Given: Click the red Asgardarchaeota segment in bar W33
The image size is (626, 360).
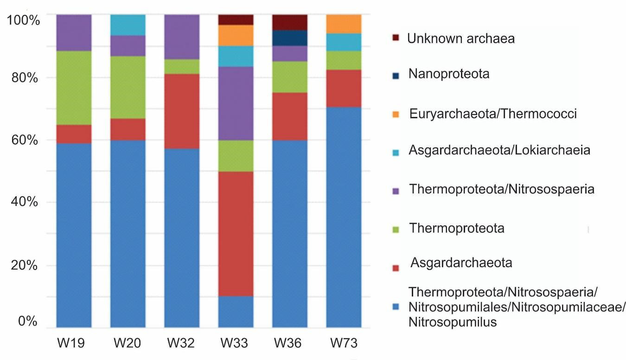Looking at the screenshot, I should [x=236, y=233].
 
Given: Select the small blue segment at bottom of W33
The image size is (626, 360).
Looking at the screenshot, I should [x=236, y=311].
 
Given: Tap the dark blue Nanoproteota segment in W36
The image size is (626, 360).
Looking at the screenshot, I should [x=290, y=38].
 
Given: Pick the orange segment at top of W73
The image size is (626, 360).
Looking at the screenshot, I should [x=344, y=24].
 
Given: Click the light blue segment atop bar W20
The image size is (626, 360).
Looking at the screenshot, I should [x=128, y=25].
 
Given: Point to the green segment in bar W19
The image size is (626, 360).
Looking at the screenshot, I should [x=74, y=88].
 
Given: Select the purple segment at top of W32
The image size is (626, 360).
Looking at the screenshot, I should [x=182, y=37].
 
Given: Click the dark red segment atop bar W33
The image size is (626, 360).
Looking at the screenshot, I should [x=236, y=19].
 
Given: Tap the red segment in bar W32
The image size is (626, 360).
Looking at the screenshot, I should [x=182, y=111].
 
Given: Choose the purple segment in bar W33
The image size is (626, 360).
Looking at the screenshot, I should [x=236, y=103].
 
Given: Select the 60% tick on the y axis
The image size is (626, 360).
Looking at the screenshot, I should [x=25, y=140].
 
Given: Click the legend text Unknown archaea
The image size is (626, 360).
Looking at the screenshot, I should [x=460, y=38].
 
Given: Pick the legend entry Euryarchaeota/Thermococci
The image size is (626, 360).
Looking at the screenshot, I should [x=493, y=114].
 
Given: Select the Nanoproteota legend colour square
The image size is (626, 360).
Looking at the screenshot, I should [x=396, y=74].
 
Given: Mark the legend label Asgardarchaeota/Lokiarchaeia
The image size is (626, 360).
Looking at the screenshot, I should [x=499, y=150].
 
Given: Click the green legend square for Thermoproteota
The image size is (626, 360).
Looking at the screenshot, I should [x=396, y=229].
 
